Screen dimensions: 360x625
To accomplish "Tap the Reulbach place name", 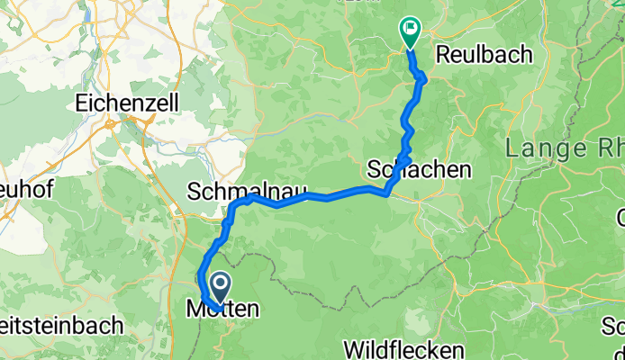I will point(485,54).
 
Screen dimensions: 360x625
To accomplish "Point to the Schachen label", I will point(420,168).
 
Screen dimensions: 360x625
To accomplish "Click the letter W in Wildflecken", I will point(355,347).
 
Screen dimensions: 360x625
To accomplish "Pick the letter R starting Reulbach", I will point(443,54).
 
